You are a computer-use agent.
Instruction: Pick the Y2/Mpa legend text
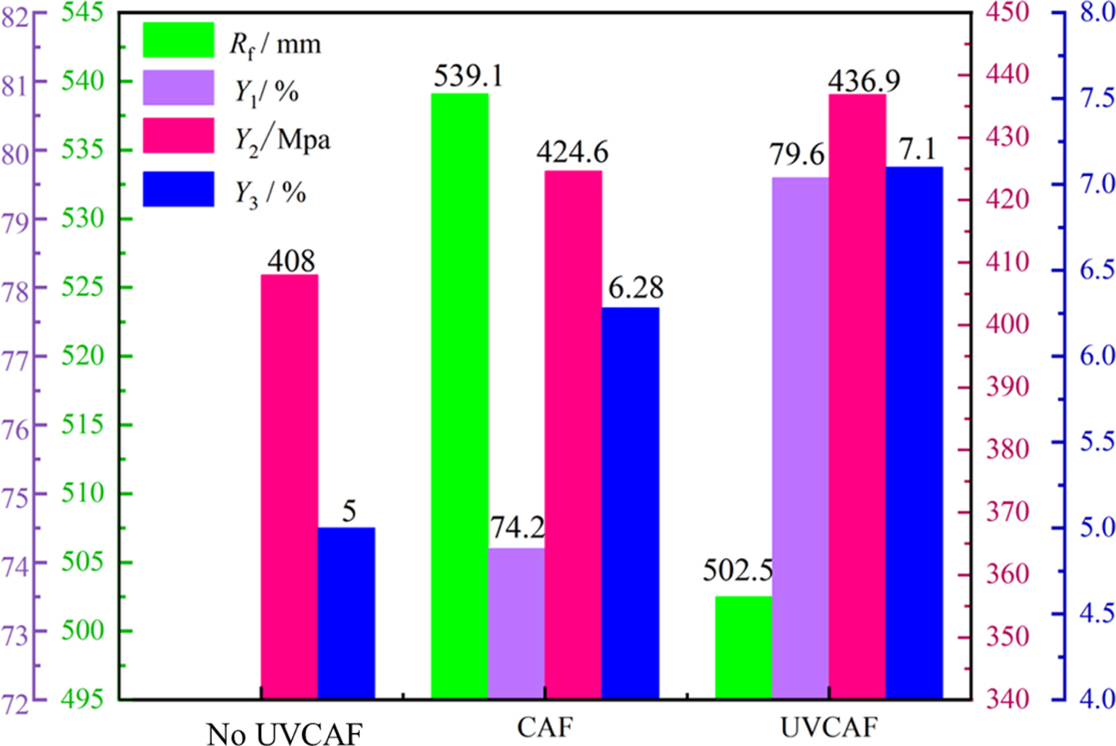[275, 140]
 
